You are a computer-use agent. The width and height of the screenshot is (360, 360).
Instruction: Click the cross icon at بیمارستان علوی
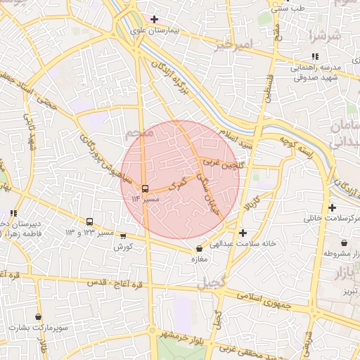coord(154,18)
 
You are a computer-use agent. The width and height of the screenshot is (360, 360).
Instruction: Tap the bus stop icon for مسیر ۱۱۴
coord(145,188)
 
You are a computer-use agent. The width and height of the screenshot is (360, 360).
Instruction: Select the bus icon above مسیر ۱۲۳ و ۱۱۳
coord(89,221)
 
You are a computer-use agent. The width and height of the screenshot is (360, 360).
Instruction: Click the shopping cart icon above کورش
coord(124,236)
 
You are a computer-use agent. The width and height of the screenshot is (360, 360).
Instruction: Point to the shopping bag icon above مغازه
coord(200,248)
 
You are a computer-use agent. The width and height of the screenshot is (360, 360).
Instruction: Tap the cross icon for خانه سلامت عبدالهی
coord(243,233)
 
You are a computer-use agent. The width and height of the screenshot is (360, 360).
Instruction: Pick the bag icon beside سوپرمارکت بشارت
coord(37,316)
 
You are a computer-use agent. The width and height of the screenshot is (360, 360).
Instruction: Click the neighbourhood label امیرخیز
coord(233,45)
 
